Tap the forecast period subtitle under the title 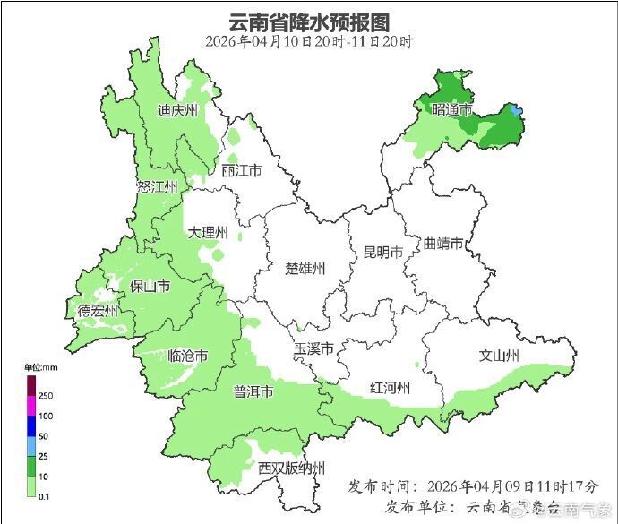(309, 41)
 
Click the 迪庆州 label (177, 111)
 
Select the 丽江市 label (241, 171)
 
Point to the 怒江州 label (158, 186)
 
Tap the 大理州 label (208, 233)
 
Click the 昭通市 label (451, 110)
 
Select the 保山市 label (150, 287)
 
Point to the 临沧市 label (188, 356)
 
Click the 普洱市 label (253, 392)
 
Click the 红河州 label (390, 388)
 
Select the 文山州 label (499, 356)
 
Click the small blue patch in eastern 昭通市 (514, 111)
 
